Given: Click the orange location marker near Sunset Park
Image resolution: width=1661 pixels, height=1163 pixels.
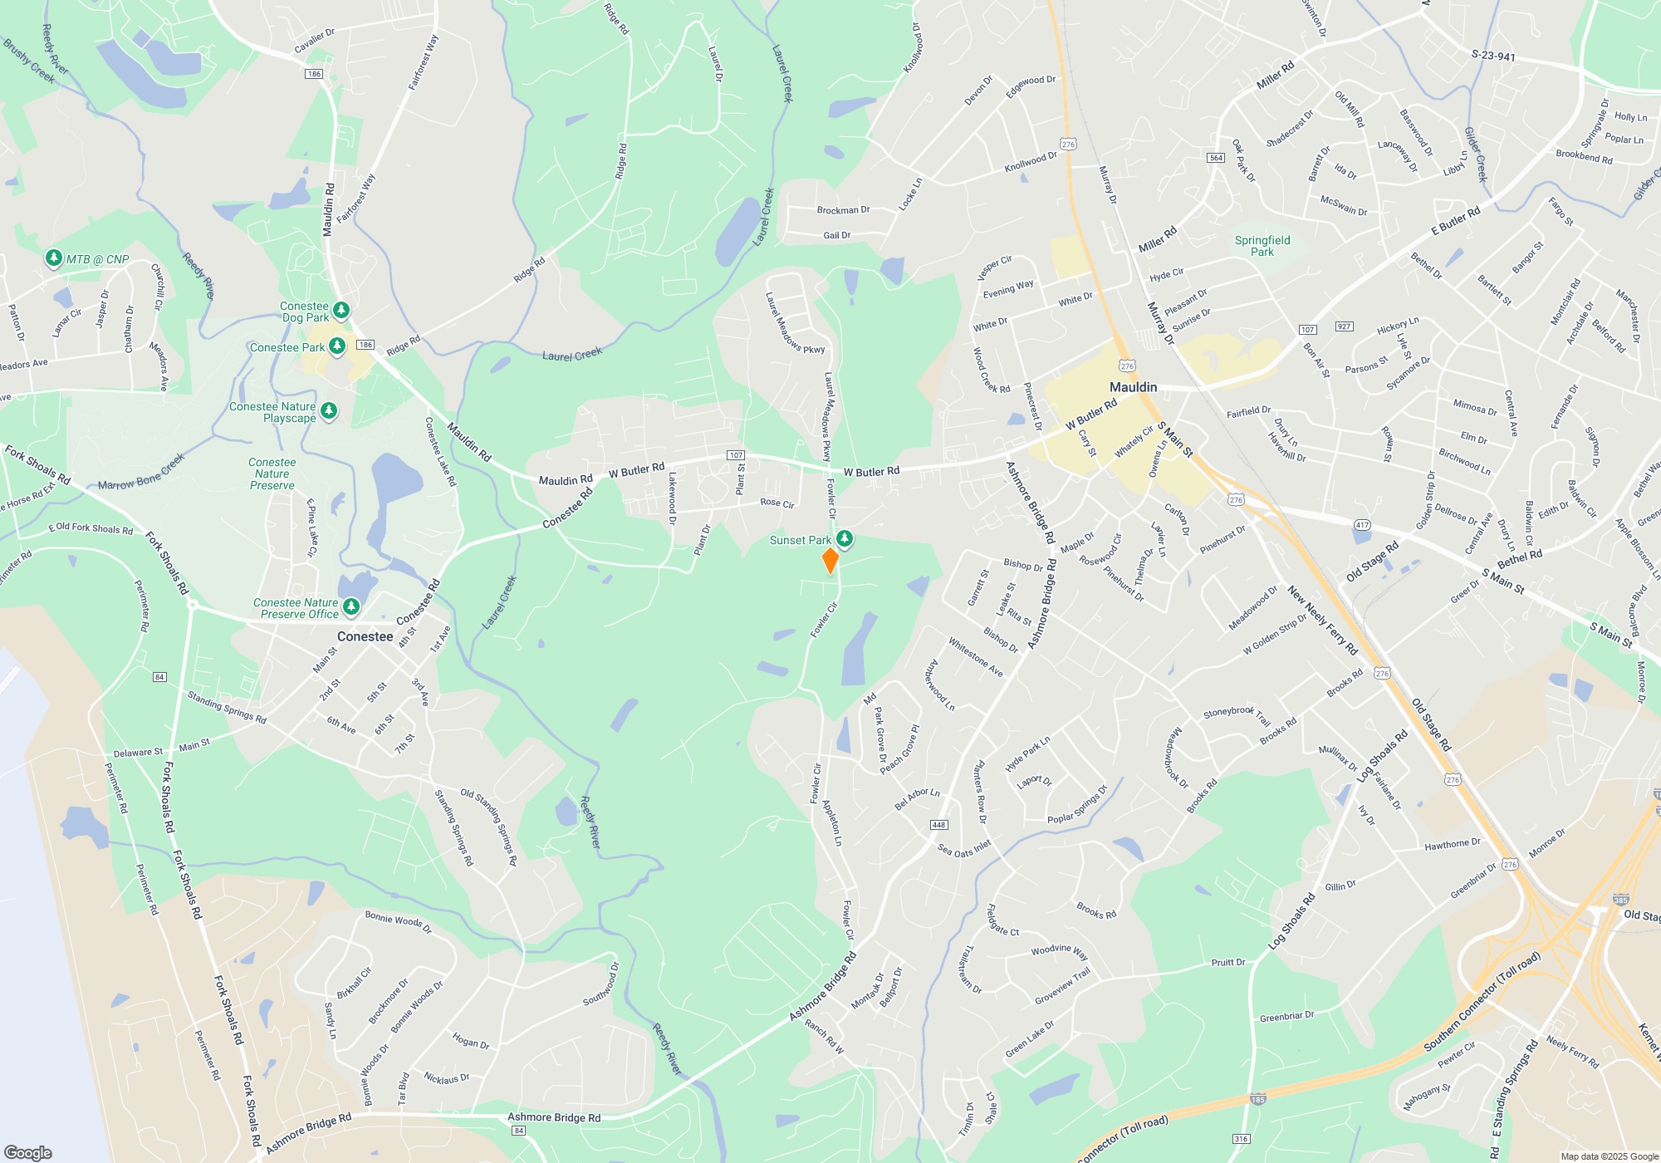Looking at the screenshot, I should (830, 560).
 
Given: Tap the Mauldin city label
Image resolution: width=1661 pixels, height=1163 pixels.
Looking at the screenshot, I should (1133, 387).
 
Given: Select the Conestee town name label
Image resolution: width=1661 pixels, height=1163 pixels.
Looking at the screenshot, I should (365, 636).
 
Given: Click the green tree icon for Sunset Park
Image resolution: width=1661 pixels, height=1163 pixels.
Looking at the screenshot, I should (845, 539).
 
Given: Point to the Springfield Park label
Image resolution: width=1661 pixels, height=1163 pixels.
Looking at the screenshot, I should (1262, 246).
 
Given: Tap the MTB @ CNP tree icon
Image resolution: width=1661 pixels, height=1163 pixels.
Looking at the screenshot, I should (54, 258).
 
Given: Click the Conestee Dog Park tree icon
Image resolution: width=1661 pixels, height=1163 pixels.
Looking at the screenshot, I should (341, 311).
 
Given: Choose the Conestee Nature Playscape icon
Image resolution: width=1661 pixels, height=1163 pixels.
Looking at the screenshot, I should (329, 410).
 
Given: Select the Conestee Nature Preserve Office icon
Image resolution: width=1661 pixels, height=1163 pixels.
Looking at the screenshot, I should (351, 607).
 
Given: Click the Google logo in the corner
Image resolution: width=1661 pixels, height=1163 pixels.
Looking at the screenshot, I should (28, 1152).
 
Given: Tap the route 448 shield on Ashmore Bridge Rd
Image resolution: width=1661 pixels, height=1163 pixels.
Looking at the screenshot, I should (938, 825).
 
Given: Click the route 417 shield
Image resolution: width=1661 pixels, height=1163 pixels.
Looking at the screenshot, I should (1362, 525).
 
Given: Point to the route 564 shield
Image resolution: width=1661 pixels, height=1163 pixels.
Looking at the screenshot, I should (1216, 158).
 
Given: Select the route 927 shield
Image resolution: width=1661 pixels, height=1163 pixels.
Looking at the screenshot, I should (1344, 326).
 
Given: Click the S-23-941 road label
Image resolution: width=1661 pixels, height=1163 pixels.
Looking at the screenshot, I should (1493, 56).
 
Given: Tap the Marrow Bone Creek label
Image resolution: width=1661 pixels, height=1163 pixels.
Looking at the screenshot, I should (141, 472).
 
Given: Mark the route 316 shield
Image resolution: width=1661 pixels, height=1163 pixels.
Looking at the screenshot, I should (1241, 1139).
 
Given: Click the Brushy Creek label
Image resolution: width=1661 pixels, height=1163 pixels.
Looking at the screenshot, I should (29, 61).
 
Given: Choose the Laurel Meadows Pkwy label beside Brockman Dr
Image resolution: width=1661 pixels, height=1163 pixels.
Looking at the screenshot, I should (794, 322).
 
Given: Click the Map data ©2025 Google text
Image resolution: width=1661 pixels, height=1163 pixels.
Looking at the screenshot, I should (1609, 1156).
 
